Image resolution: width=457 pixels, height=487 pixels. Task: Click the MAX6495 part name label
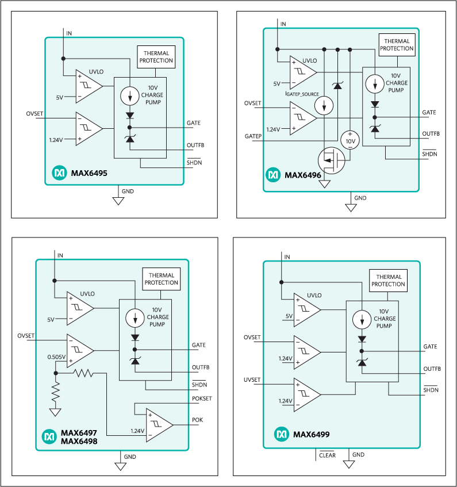(89, 172)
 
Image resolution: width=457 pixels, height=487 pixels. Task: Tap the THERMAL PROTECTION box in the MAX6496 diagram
(397, 45)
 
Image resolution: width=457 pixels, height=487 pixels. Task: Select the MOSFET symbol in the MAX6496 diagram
(331, 159)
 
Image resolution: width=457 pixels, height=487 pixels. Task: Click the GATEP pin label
(253, 136)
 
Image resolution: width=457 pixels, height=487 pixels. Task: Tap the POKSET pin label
(202, 397)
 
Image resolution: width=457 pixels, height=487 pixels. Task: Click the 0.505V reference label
(56, 356)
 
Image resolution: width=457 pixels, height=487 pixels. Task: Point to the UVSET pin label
(252, 380)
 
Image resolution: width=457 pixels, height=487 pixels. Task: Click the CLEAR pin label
(327, 455)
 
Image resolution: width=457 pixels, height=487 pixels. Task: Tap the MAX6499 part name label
(311, 435)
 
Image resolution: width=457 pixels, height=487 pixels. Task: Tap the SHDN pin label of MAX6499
(431, 390)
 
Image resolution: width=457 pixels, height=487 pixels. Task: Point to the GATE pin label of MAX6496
(429, 112)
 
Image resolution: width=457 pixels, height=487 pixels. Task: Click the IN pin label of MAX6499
(287, 256)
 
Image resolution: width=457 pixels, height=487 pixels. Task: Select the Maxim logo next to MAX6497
(49, 437)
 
